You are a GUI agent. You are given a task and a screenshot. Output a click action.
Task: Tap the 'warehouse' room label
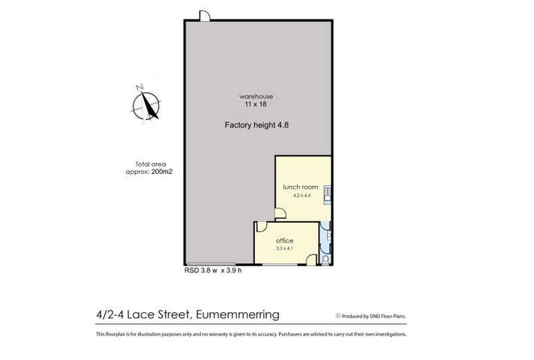click(x=256, y=97)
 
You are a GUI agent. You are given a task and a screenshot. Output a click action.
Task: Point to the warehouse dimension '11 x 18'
click(x=256, y=105)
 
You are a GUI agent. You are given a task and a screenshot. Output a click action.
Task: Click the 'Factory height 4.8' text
click(x=256, y=126)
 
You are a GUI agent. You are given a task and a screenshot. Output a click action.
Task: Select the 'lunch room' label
click(x=300, y=187)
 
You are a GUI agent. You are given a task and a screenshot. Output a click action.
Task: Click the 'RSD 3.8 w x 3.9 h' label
click(x=213, y=271)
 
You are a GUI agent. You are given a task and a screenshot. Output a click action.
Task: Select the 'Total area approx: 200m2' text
click(x=149, y=167)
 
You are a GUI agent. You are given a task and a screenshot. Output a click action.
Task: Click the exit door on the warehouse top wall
click(x=204, y=16)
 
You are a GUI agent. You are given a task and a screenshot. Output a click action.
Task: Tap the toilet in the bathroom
click(x=325, y=259)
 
